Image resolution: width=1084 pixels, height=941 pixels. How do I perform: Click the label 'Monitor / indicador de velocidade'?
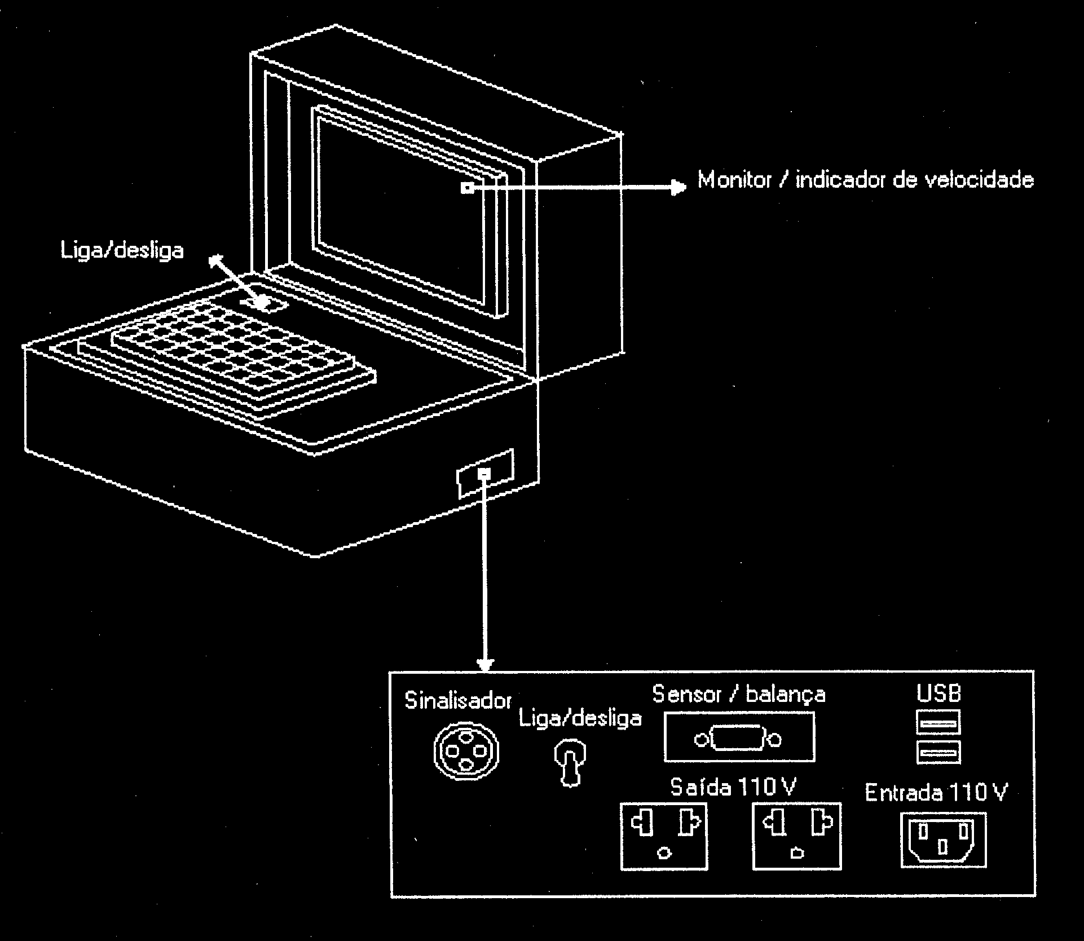tap(866, 180)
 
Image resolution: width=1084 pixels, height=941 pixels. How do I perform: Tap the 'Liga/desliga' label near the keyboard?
tap(122, 250)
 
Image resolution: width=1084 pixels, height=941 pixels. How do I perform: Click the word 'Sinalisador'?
tap(458, 701)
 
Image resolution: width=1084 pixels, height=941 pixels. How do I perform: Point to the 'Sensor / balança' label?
tap(739, 694)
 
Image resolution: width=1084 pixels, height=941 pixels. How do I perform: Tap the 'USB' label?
tap(939, 693)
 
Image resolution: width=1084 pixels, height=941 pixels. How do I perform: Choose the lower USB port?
tap(938, 752)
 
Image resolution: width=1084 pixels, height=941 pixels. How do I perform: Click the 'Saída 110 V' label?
tap(733, 787)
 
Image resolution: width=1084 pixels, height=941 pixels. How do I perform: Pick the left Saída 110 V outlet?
tap(664, 836)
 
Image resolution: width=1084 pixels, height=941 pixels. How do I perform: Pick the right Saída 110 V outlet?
tap(797, 836)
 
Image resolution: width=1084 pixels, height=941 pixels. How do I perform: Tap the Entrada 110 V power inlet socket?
tap(944, 840)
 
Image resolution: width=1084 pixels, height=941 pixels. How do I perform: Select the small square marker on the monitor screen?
tap(467, 188)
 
